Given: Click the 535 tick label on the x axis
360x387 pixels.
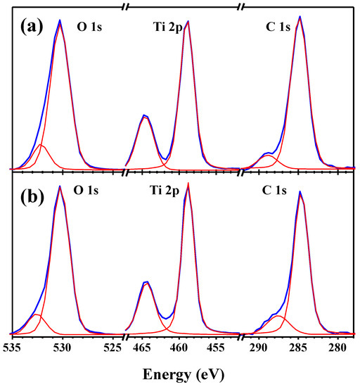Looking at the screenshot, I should tap(13, 348).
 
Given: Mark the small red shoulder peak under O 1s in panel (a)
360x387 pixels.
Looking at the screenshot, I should tap(41, 146).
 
